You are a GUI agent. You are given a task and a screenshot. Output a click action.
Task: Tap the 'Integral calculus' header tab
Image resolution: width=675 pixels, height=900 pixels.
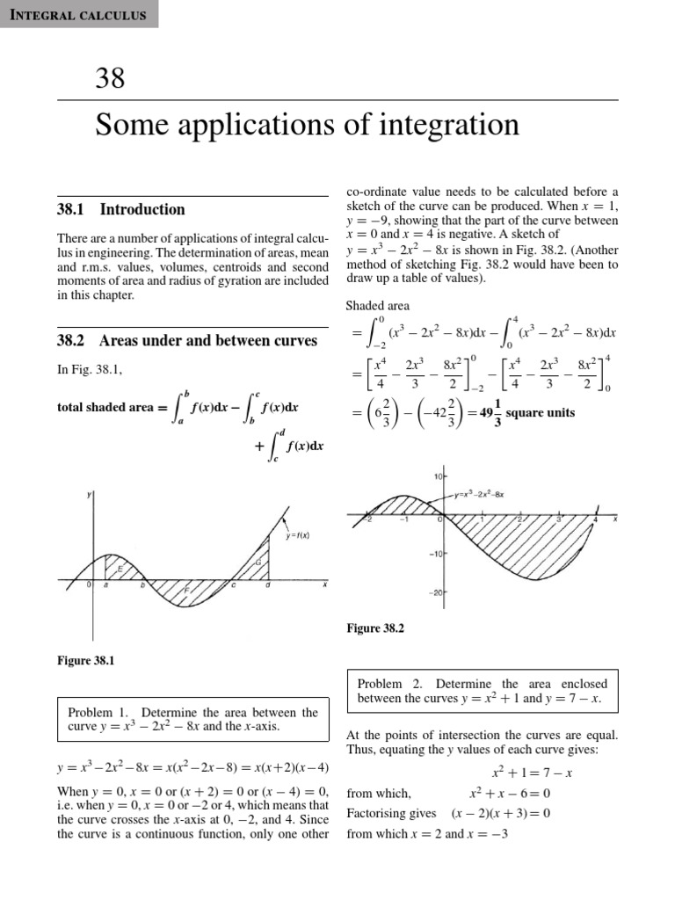point(79,15)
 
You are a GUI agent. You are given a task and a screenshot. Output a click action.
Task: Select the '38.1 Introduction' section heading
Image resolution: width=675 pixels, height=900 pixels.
point(120,209)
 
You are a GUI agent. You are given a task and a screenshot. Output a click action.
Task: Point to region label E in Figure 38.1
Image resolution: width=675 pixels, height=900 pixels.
point(120,569)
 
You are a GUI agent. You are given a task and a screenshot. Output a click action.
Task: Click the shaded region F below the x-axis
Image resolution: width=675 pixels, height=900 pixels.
point(185,591)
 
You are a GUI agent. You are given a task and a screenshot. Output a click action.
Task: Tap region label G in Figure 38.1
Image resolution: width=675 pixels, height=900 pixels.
point(258,562)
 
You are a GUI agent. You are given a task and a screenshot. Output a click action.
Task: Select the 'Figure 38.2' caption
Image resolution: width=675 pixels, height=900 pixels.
point(376,628)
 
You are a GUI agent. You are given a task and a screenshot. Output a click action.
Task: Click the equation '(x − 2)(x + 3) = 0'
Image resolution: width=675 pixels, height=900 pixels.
point(500,813)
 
